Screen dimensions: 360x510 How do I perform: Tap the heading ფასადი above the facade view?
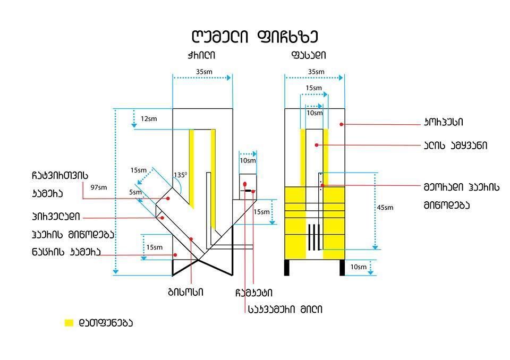pyautogui.click(x=309, y=55)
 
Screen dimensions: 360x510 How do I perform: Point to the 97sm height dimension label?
pyautogui.click(x=99, y=187)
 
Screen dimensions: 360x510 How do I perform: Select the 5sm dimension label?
pyautogui.click(x=135, y=192)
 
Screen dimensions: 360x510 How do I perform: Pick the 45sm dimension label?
pyautogui.click(x=385, y=208)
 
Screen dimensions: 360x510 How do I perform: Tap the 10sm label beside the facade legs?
pyautogui.click(x=358, y=267)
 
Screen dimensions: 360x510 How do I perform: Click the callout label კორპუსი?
pyautogui.click(x=444, y=123)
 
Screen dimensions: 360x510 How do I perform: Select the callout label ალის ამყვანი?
pyautogui.click(x=455, y=145)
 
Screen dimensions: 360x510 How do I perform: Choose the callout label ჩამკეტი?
pyautogui.click(x=254, y=293)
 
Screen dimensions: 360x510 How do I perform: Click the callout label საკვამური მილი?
pyautogui.click(x=285, y=310)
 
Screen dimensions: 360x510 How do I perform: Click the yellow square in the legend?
pyautogui.click(x=69, y=323)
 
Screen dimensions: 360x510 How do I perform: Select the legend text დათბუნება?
pyautogui.click(x=106, y=323)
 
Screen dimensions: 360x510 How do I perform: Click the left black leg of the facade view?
pyautogui.click(x=287, y=268)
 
